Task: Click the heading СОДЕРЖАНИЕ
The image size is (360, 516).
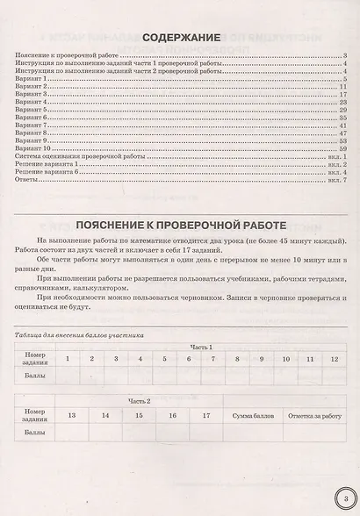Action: click(x=181, y=38)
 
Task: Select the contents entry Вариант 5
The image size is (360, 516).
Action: click(x=32, y=108)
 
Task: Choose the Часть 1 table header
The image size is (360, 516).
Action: click(x=205, y=348)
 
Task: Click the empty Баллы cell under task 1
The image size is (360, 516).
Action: click(x=67, y=375)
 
